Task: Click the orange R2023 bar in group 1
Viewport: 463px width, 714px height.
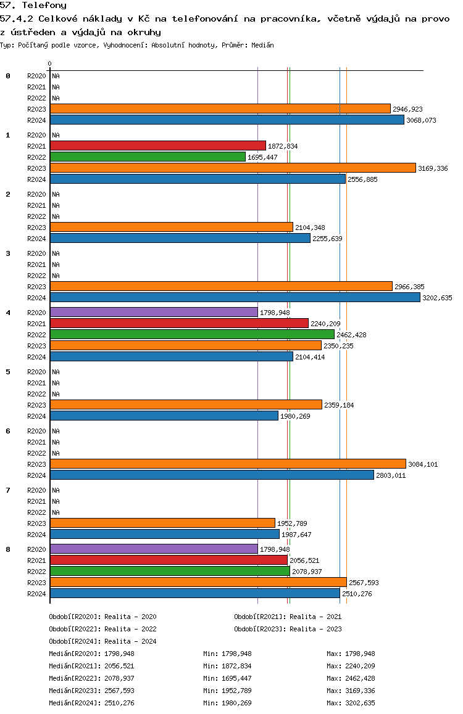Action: point(233,168)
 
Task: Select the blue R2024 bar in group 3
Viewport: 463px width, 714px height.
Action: point(235,297)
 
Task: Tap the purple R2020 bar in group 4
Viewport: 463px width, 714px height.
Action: point(154,312)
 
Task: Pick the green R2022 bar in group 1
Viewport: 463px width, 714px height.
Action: point(148,157)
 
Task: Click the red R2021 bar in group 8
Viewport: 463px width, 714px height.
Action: point(169,560)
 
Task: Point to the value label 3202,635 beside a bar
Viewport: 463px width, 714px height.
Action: point(437,298)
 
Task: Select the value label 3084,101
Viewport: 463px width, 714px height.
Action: point(423,464)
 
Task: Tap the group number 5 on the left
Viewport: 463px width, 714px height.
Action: point(8,372)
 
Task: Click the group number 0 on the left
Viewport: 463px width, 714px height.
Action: point(8,76)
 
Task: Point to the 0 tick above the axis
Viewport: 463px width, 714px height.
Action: point(50,64)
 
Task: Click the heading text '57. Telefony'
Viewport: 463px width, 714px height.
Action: point(33,6)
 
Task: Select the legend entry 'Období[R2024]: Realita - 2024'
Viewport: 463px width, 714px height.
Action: point(102,641)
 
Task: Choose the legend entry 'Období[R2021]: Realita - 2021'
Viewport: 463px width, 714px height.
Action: point(288,617)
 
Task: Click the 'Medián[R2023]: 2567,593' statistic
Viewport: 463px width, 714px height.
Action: point(91,691)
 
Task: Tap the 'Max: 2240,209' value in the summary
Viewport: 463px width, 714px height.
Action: point(351,666)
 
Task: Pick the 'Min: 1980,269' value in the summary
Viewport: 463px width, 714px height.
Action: point(227,703)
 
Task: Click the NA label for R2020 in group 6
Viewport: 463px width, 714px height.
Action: point(56,431)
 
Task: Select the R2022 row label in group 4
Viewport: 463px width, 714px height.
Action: point(36,335)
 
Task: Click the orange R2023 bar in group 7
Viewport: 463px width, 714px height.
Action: point(162,523)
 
